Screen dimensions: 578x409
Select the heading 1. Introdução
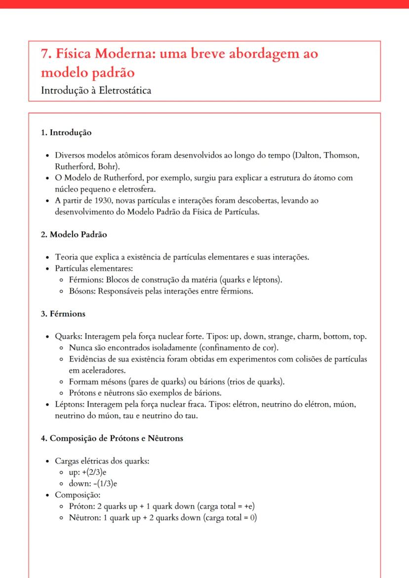click(66, 132)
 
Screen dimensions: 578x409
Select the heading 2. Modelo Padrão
click(74, 234)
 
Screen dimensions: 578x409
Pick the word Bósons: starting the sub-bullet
click(82, 291)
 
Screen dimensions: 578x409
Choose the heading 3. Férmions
click(63, 313)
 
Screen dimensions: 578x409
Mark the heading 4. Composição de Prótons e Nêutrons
click(112, 438)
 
